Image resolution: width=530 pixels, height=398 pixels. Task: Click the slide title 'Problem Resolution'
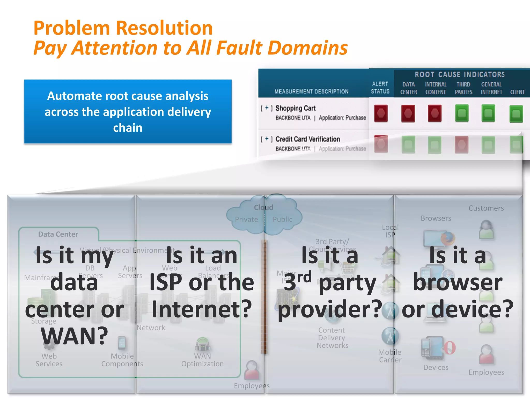click(123, 28)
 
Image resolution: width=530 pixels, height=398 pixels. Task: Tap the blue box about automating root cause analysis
click(128, 111)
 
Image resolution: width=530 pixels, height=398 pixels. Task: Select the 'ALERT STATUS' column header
click(380, 88)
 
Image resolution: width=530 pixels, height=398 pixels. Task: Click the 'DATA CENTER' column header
click(409, 88)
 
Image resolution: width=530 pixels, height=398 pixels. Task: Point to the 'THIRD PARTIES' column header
click(463, 88)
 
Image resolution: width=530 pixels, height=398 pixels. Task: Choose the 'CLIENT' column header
click(517, 92)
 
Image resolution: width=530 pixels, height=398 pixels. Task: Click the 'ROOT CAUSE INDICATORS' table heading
click(460, 75)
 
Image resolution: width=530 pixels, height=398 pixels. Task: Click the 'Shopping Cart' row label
click(295, 108)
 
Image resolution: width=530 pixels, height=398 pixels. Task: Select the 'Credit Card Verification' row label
click(307, 139)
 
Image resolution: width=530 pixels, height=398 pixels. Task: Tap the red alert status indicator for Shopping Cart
click(381, 113)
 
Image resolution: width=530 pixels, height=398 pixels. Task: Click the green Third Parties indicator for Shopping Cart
click(462, 113)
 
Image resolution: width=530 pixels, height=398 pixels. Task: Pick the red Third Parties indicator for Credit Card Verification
click(462, 145)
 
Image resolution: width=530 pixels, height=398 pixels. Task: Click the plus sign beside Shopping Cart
click(267, 108)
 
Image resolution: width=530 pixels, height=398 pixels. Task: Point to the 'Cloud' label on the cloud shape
click(263, 207)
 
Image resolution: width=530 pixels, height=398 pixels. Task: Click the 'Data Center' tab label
click(58, 234)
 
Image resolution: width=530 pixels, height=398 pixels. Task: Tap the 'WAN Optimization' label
click(202, 360)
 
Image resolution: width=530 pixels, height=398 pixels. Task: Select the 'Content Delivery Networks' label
click(332, 338)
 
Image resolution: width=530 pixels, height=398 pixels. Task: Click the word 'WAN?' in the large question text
click(74, 336)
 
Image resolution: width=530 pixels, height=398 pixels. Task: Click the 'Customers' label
click(486, 208)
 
